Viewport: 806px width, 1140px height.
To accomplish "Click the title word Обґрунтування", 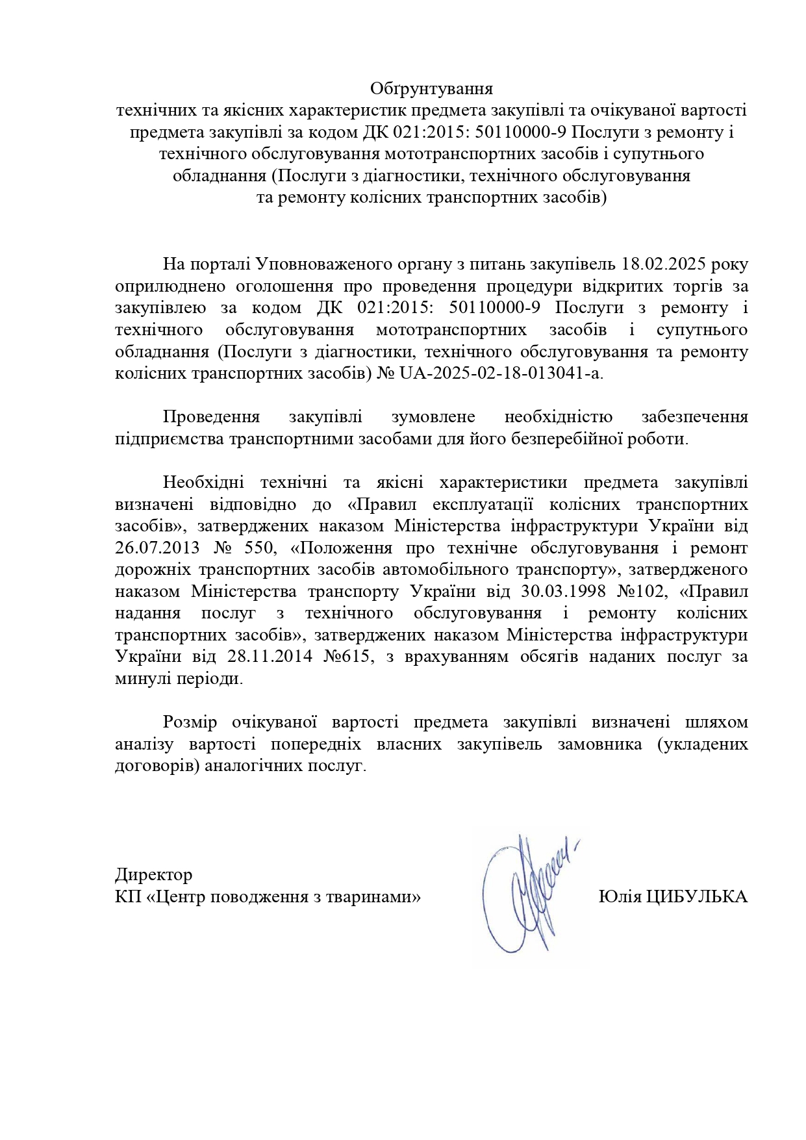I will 431,88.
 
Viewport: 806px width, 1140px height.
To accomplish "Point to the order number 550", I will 260,548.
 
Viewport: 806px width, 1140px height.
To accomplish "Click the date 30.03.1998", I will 563,592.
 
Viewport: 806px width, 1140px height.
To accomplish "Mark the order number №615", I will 349,657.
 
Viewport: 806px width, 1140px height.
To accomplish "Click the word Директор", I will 154,875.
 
